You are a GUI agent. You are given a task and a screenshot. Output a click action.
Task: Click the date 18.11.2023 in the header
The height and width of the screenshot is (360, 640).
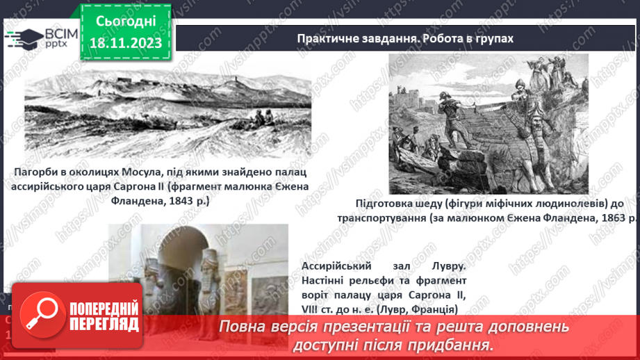125,43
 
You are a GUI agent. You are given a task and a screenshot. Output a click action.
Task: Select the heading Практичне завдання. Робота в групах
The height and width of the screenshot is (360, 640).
405,38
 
